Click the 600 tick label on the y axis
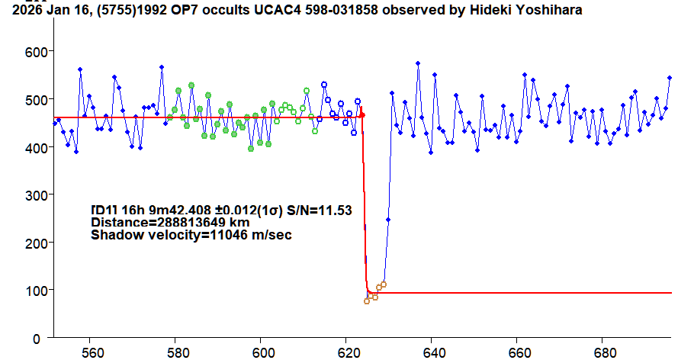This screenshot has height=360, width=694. (x=36, y=51)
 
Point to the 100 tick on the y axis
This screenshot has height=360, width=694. (x=36, y=290)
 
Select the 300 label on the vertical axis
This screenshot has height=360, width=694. (x=36, y=194)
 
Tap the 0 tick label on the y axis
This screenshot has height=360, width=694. (x=44, y=338)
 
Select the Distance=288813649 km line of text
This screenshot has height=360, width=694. (x=170, y=223)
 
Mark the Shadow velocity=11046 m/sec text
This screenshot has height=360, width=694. (x=191, y=236)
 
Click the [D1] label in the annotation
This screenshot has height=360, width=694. (x=102, y=210)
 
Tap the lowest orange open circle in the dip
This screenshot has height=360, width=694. (x=367, y=301)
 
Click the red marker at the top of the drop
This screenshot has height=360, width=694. (x=362, y=114)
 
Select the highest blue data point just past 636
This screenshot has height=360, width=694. (x=418, y=63)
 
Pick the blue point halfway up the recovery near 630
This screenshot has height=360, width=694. (x=388, y=220)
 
